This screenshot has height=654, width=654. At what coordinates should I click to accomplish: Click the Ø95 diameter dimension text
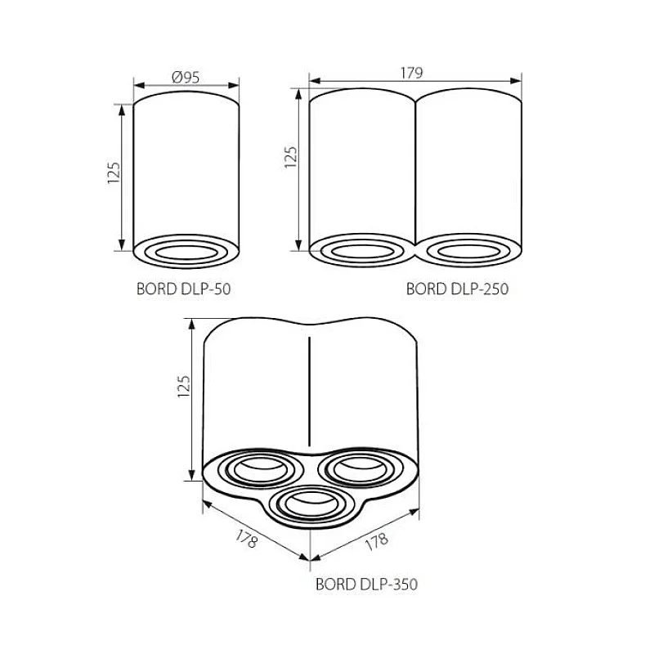[x=186, y=78]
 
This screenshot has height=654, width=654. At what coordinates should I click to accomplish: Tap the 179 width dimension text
[x=411, y=73]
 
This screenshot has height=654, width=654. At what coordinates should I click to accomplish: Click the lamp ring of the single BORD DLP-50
[x=186, y=250]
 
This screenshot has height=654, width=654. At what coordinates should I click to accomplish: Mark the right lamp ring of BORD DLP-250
[x=468, y=250]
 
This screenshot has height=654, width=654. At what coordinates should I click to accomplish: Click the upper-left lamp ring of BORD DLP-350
[x=254, y=469]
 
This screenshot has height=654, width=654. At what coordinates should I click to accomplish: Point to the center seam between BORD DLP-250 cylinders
[x=416, y=172]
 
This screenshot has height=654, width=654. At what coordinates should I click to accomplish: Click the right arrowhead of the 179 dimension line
[x=518, y=80]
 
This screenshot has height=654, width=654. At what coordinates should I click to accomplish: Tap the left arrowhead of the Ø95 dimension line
[x=137, y=85]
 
